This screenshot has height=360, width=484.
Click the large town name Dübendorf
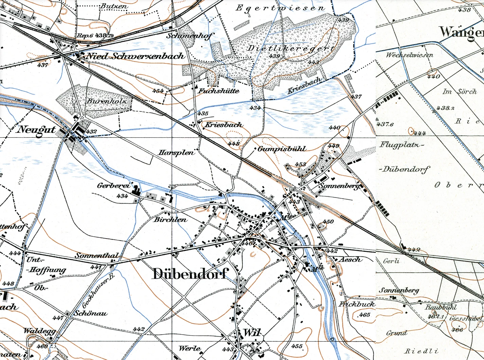(x=190, y=273)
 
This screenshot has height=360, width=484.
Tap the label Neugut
(x=36, y=129)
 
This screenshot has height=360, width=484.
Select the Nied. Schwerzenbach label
(x=135, y=56)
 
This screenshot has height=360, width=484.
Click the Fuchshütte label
(x=219, y=91)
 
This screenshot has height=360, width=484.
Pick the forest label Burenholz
(x=107, y=101)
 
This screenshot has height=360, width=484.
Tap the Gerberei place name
(x=113, y=186)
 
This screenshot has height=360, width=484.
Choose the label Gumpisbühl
(x=282, y=149)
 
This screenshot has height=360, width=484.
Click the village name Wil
(x=252, y=333)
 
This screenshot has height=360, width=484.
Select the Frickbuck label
(x=357, y=304)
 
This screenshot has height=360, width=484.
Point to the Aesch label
(x=351, y=260)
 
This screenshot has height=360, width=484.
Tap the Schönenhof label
(x=190, y=36)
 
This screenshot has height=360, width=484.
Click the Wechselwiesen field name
(x=409, y=55)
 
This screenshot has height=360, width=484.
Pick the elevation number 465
(x=364, y=315)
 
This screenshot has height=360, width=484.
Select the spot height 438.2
(x=445, y=108)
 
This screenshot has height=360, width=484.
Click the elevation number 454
(x=158, y=91)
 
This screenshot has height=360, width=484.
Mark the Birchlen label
(x=171, y=220)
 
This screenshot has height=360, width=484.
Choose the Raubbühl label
(x=441, y=307)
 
